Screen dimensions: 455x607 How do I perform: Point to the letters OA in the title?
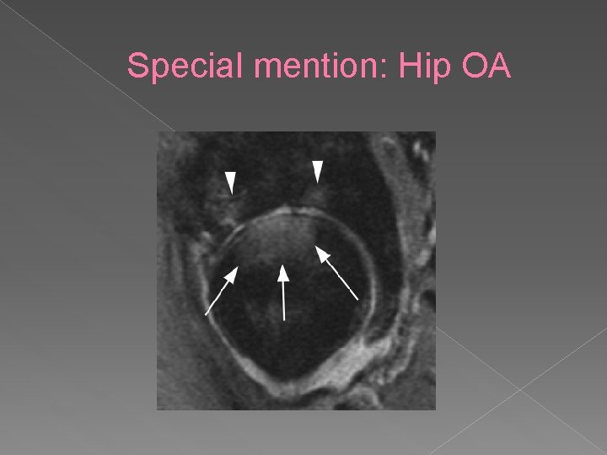pos(486,67)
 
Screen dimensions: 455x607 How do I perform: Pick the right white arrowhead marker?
pos(318,171)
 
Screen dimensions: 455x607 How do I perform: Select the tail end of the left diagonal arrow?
pos(207,315)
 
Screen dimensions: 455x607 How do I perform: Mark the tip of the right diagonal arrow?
pos(317,248)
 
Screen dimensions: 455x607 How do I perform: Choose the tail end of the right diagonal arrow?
pos(358,299)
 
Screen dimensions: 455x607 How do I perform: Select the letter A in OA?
pos(500,67)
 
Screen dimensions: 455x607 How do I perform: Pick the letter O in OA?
pos(474,67)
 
